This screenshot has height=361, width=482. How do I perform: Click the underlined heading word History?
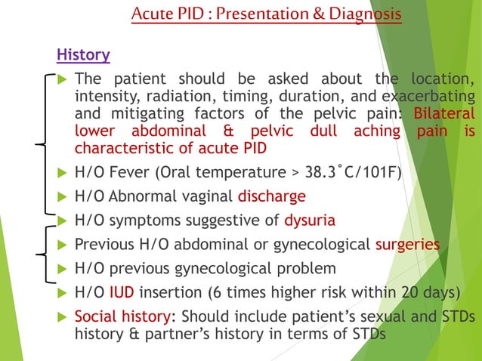click(84, 55)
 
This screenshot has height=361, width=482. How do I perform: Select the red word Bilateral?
click(445, 113)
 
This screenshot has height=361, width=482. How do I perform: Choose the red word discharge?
click(272, 196)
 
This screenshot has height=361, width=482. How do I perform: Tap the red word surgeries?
click(408, 245)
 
